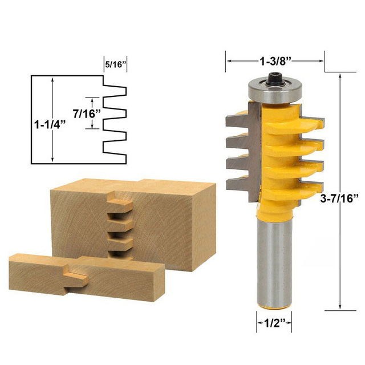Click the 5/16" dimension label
point(115,64)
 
